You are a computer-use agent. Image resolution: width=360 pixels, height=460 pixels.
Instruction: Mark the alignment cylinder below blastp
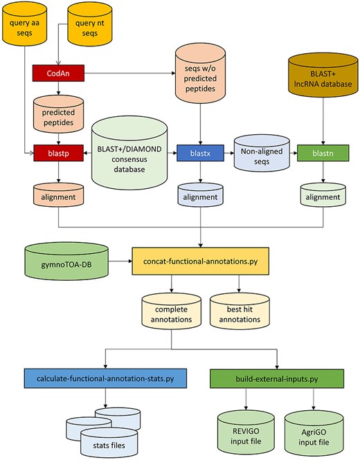point(58,195)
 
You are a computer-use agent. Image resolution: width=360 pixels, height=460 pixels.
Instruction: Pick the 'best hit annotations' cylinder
point(239,309)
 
